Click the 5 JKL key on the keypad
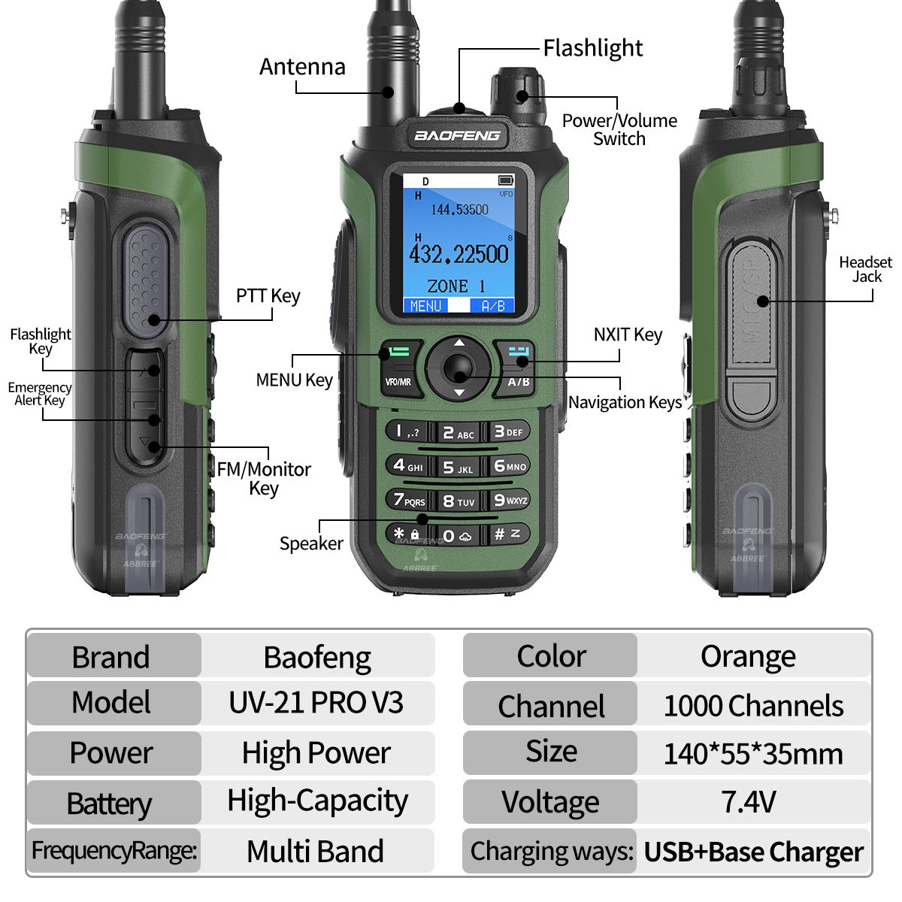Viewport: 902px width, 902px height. click(x=458, y=467)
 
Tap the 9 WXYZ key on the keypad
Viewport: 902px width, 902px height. click(x=510, y=500)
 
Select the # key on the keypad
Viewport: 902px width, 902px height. click(x=508, y=534)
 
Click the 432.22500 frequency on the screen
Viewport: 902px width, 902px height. click(x=459, y=254)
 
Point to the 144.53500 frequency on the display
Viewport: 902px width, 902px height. click(x=459, y=210)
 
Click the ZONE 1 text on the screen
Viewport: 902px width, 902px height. click(x=456, y=286)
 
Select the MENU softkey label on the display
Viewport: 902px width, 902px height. click(x=425, y=306)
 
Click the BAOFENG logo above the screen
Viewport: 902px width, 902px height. click(x=457, y=136)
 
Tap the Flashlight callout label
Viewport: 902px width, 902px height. click(x=592, y=48)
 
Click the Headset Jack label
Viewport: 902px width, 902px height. click(x=865, y=269)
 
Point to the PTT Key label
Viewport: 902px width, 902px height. click(x=268, y=296)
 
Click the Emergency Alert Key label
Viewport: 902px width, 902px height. click(x=40, y=393)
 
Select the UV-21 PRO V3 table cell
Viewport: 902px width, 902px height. click(x=316, y=703)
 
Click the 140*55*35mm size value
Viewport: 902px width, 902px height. click(x=753, y=753)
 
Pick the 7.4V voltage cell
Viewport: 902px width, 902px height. click(x=749, y=802)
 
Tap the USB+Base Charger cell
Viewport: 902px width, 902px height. click(x=753, y=852)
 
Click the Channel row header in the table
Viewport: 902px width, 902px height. click(x=551, y=707)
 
